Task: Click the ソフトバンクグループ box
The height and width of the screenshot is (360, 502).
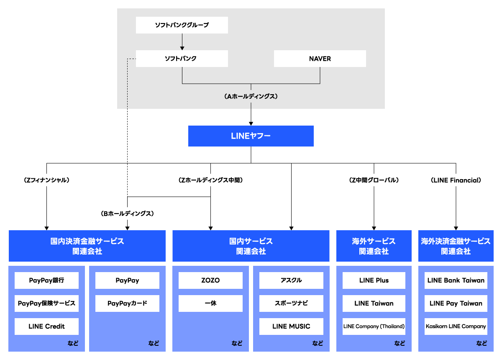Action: coord(182,25)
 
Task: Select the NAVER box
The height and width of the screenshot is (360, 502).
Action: coord(320,59)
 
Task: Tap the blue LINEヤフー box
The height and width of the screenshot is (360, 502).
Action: coord(251,136)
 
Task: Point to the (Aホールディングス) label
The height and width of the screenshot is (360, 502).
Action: coord(251,96)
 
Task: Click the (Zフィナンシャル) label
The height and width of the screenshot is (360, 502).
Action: coord(46,180)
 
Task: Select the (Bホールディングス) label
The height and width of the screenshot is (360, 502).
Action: coord(128,213)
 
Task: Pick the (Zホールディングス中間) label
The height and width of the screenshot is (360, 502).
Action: coord(210,180)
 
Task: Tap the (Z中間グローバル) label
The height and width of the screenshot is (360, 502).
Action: coord(374,180)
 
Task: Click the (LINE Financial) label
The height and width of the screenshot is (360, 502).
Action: coord(456,180)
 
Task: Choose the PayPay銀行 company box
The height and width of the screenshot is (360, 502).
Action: coord(46,280)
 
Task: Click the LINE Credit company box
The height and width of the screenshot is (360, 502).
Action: coord(46,327)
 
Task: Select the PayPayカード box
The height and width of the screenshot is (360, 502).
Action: coord(127,303)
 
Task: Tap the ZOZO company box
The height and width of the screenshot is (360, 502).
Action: coord(210,280)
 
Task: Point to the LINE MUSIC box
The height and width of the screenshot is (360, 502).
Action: coord(291,327)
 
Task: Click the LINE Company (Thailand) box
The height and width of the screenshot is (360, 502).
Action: coord(374,327)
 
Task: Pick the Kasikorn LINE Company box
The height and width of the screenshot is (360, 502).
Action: coord(456,327)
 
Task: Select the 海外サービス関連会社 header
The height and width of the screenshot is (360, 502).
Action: coord(374,246)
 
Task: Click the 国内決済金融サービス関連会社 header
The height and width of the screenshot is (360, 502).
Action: coord(87,246)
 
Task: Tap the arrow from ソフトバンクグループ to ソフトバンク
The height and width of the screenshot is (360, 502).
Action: coord(182,42)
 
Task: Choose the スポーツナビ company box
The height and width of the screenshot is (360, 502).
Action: coord(291,303)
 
